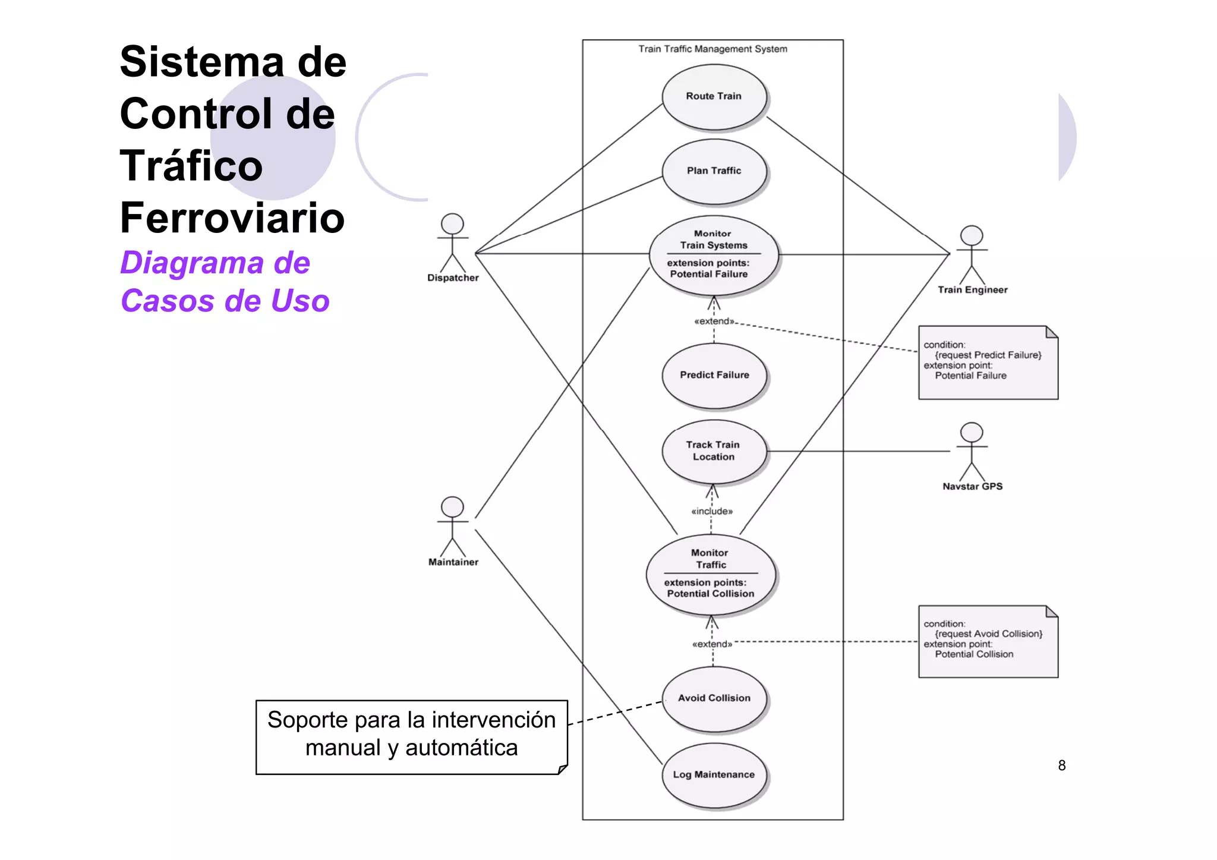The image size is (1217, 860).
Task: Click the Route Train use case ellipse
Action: [714, 96]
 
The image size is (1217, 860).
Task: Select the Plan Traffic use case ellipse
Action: [714, 171]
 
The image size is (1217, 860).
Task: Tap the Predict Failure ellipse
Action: [714, 375]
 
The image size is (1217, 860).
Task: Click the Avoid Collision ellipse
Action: [714, 698]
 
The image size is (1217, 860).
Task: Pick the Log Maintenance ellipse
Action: [714, 774]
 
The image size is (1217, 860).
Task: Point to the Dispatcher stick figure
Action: [452, 244]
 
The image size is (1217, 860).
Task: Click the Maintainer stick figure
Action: [452, 527]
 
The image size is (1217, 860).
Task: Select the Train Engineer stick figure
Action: [972, 256]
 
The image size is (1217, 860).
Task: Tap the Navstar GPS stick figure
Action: [972, 452]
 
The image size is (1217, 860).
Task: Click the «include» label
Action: [712, 511]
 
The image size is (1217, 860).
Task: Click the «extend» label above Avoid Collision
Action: [712, 644]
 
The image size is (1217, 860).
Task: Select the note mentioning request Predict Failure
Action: [988, 362]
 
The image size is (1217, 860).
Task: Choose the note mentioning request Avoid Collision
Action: [988, 641]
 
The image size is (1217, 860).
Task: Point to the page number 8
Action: [1061, 766]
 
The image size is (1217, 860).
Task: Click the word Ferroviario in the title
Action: [232, 218]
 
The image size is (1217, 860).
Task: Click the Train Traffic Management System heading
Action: [712, 49]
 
